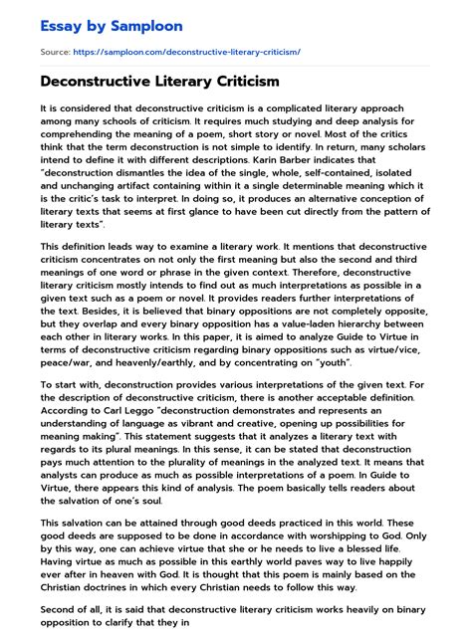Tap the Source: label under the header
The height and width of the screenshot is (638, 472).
(x=55, y=50)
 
